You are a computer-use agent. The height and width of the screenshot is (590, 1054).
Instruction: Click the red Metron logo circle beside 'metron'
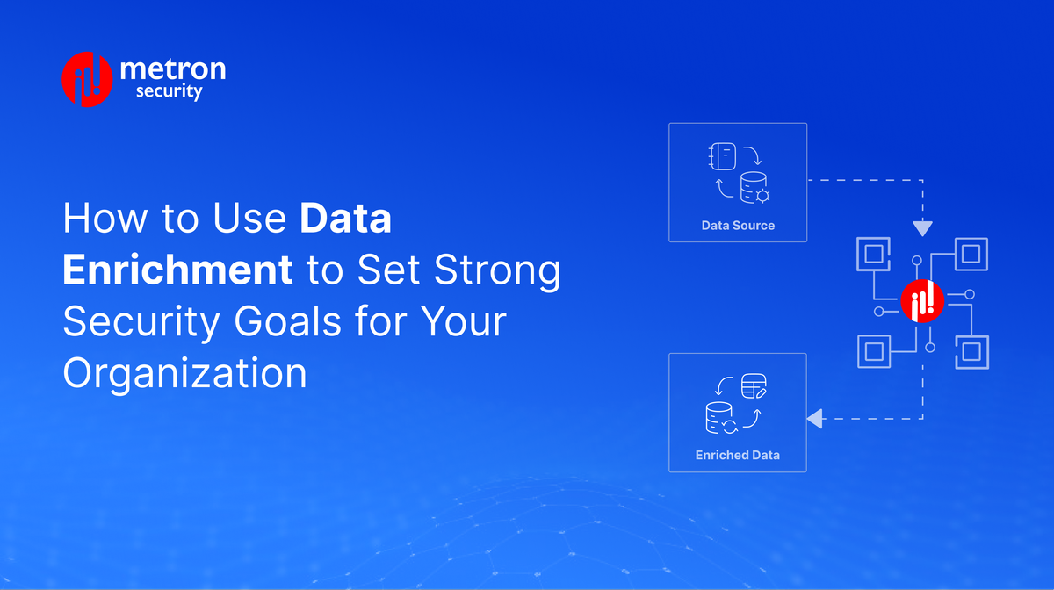pos(87,80)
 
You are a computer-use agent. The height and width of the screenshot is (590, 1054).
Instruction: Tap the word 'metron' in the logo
pos(171,68)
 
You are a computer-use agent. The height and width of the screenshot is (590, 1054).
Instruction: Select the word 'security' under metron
pos(170,91)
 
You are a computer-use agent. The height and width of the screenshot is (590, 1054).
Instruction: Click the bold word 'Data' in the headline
pos(346,219)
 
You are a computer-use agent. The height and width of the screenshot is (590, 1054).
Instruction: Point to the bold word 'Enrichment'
pos(177,271)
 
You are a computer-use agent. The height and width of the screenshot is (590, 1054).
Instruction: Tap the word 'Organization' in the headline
pos(185,373)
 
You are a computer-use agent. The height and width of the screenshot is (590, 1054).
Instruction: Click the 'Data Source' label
pos(738,226)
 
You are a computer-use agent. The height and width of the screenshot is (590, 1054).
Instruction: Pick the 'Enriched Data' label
pos(738,456)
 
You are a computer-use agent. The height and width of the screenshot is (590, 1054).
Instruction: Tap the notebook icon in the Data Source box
pos(721,158)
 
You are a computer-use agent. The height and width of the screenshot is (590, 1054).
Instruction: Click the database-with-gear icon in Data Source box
pos(754,187)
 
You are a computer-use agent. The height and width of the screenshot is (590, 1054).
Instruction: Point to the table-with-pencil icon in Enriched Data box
pos(754,385)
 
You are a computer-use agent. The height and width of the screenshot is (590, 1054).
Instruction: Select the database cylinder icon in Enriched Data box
pos(719,417)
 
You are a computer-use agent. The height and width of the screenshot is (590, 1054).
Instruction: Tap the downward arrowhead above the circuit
pos(922,228)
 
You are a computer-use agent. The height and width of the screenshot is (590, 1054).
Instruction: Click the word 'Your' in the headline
pos(460,322)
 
